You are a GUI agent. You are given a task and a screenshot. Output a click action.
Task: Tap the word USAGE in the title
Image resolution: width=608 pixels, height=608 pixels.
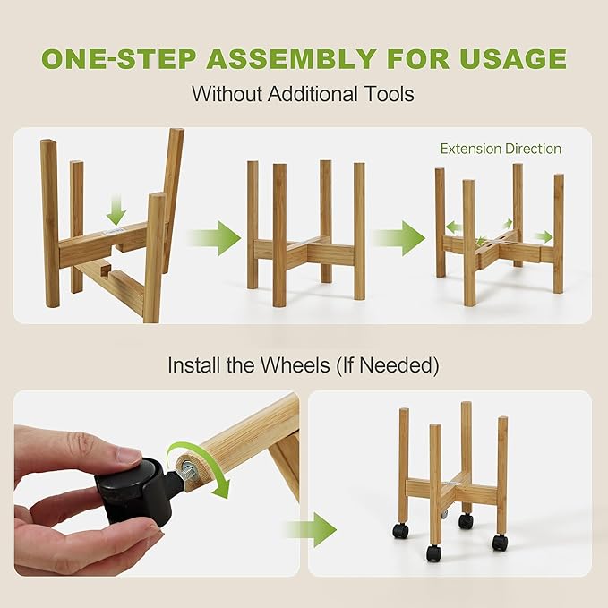[x=517, y=59]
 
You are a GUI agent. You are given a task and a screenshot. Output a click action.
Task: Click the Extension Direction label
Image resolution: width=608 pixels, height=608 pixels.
[x=501, y=149]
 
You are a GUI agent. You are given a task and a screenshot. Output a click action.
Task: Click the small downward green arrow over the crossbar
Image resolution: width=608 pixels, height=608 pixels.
[x=116, y=212]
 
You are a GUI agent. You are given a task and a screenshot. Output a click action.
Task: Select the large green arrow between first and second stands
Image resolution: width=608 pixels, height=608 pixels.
[x=215, y=238]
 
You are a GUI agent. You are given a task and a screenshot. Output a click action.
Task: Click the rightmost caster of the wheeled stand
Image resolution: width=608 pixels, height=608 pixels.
[x=499, y=542]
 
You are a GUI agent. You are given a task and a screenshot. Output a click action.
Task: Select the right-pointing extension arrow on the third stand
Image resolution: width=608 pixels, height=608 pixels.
[x=544, y=236]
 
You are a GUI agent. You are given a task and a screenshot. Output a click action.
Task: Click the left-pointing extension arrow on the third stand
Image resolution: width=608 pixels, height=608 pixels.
[x=454, y=227]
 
